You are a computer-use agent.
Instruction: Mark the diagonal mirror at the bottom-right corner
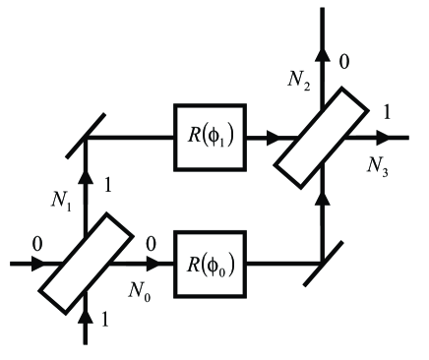click(x=322, y=264)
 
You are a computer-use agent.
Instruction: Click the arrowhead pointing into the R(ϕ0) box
click(x=156, y=264)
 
